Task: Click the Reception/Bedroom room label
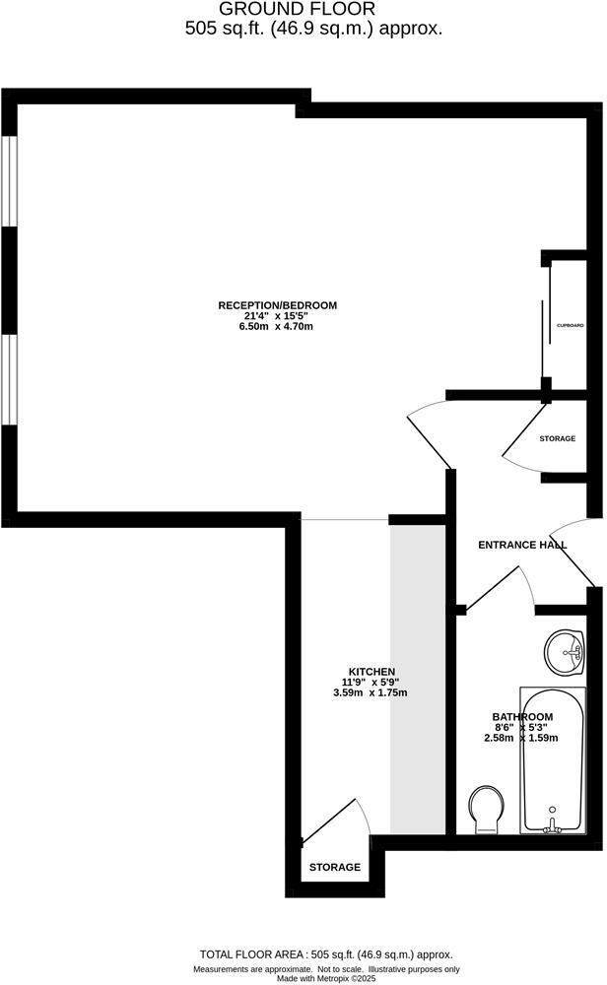coord(277,305)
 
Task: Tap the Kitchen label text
coord(371,671)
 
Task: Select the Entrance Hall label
coord(521,545)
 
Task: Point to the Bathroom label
coord(522,716)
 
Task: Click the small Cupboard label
coord(570,325)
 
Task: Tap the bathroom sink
coord(567,652)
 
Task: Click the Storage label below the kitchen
coord(335,868)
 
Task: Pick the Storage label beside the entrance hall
coord(557,438)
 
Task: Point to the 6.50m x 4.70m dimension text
coord(276,327)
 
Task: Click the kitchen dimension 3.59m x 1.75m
coord(371,692)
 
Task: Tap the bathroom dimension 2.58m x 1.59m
coord(522,738)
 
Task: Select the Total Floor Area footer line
coord(326,954)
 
